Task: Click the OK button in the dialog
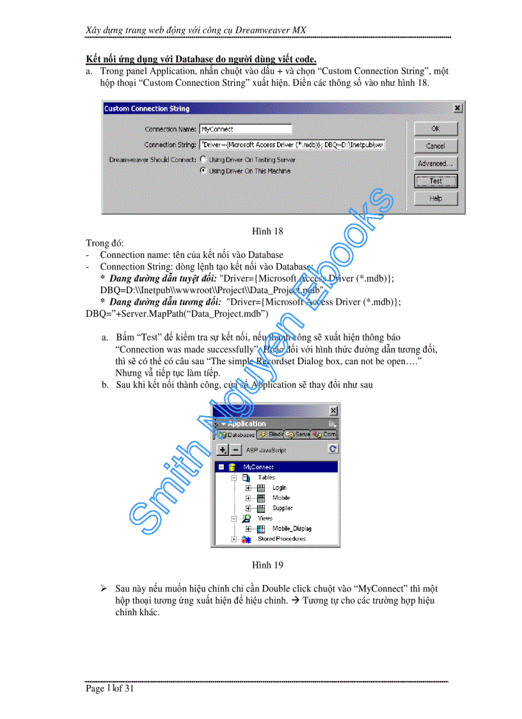[436, 129]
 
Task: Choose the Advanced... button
[436, 163]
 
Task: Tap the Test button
[436, 181]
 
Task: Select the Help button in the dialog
[436, 198]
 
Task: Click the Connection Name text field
[245, 129]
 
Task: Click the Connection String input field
[292, 145]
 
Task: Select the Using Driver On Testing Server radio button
[203, 159]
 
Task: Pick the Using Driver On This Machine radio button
[203, 171]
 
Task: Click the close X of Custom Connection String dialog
[457, 109]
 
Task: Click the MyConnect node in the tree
[258, 467]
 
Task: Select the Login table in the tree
[279, 488]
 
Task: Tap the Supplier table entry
[282, 508]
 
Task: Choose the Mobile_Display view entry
[292, 529]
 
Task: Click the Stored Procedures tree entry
[281, 539]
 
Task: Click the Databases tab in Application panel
[235, 434]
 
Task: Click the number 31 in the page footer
[129, 689]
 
